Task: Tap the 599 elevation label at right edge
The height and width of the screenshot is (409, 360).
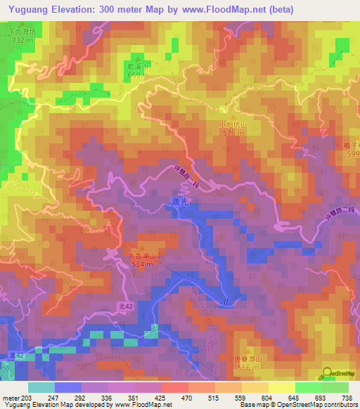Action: (352, 154)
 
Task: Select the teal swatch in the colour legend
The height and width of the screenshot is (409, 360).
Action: (41, 387)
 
